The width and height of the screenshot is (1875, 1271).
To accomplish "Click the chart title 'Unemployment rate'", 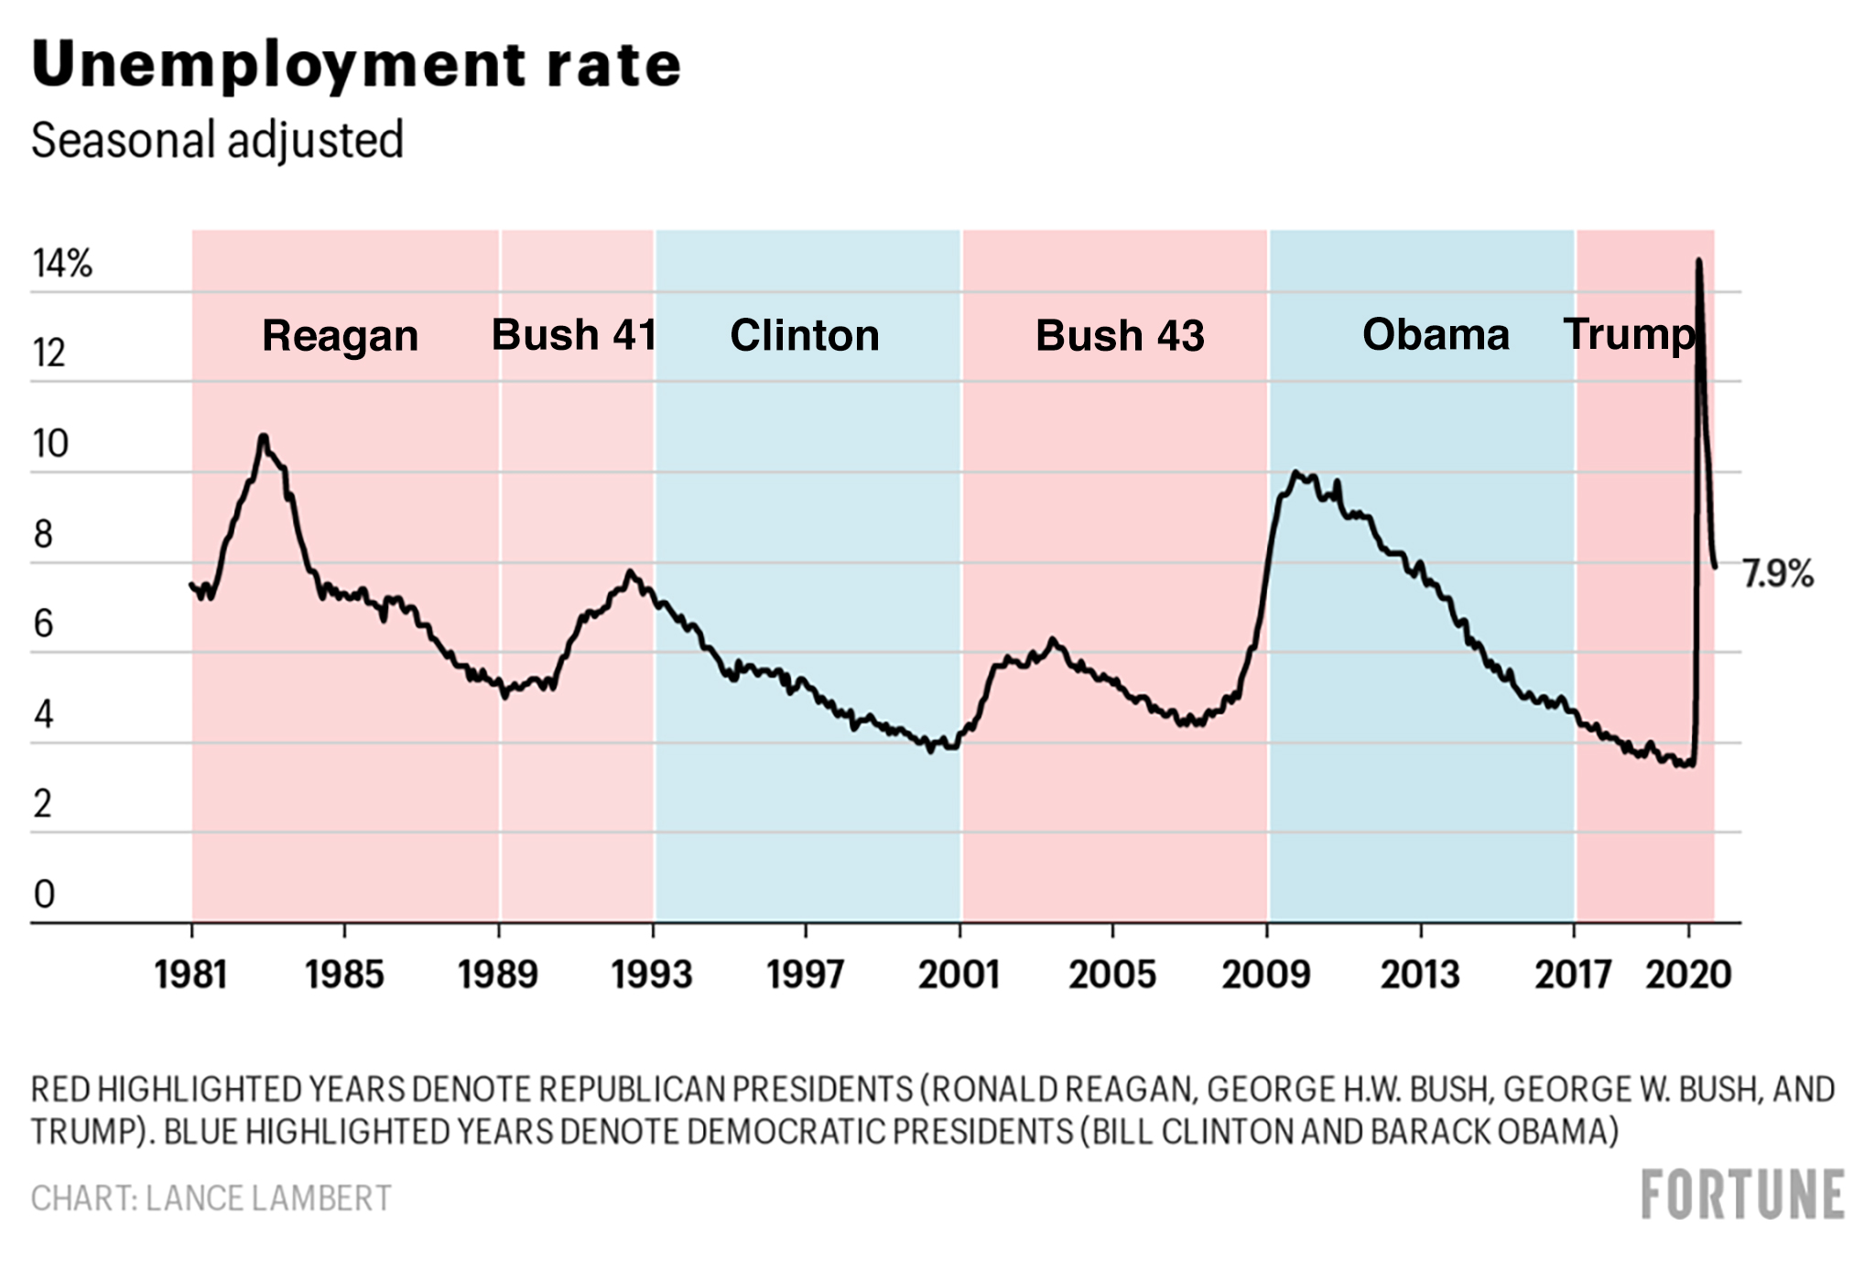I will click(356, 66).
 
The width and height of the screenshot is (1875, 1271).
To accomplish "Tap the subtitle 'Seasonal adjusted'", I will click(217, 141).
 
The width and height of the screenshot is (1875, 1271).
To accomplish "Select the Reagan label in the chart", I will click(340, 336).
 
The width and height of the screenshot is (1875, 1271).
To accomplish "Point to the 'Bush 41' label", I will click(574, 335).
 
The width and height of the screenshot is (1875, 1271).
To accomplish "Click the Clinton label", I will click(804, 336).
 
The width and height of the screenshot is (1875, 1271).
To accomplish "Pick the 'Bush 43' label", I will click(1120, 336).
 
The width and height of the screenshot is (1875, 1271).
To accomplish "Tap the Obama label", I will click(1436, 335).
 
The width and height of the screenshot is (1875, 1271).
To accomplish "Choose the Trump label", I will click(1629, 335).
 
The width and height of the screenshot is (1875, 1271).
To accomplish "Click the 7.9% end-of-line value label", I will click(1777, 574).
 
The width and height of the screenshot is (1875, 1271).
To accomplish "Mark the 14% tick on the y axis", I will click(62, 264).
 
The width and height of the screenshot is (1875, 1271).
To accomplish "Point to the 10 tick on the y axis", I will click(50, 444).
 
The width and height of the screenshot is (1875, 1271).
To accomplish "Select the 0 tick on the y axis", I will click(44, 894).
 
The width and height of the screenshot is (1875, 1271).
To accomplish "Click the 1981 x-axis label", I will click(191, 974).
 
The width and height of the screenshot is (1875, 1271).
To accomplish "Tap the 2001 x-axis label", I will click(959, 974).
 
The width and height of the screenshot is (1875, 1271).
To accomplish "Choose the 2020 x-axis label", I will click(1688, 974).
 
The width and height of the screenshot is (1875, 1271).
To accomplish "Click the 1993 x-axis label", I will click(652, 974).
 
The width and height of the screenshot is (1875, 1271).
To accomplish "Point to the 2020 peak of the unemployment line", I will click(1699, 261).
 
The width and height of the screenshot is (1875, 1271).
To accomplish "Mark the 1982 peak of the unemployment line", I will click(264, 437).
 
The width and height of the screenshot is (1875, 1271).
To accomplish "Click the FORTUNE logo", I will click(1742, 1195).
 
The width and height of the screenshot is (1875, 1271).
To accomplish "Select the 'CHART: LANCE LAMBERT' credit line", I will click(211, 1199).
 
